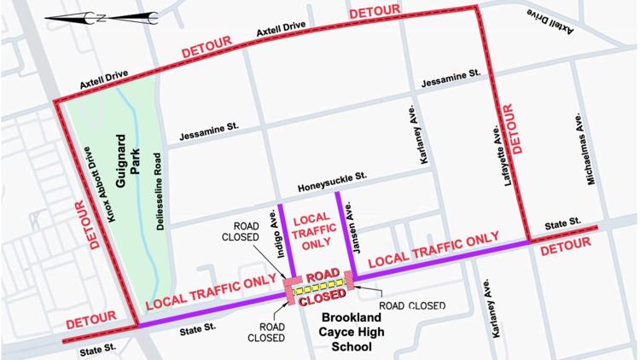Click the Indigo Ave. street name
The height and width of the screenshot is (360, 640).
(274, 240)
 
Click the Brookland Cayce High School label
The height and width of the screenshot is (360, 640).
(352, 332)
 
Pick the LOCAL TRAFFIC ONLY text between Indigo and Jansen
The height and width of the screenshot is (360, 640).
(311, 229)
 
